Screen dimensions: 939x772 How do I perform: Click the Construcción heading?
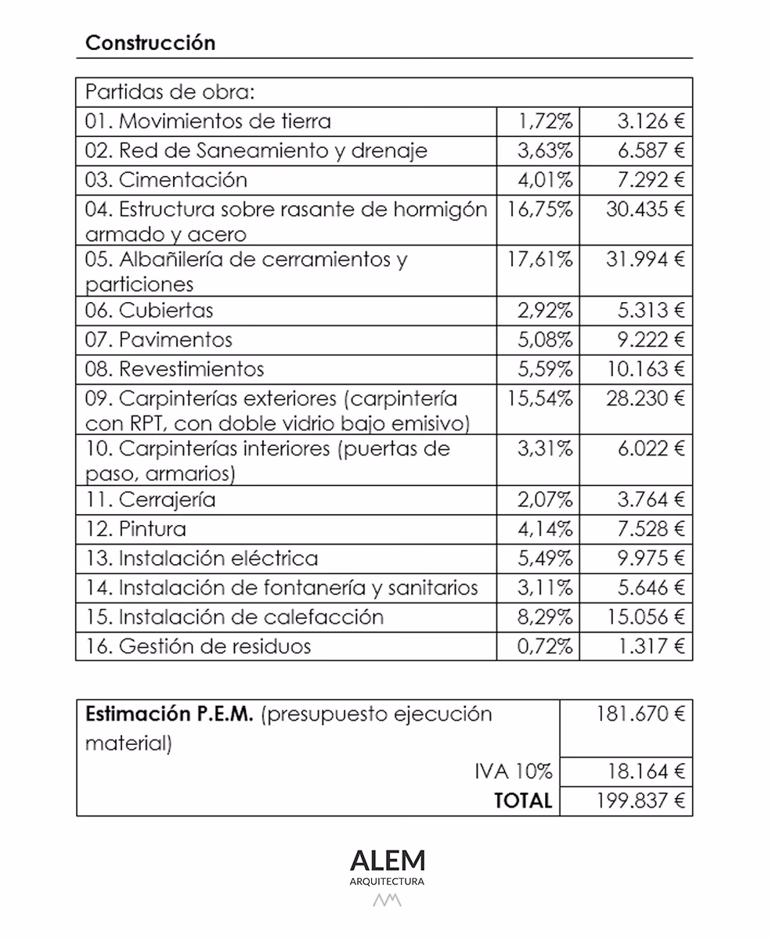[150, 43]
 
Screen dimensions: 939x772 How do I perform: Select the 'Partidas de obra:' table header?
[170, 92]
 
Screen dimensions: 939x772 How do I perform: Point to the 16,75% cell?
[541, 209]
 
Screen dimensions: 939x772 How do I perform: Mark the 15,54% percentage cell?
[541, 398]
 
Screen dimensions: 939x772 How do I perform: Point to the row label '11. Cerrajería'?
[150, 499]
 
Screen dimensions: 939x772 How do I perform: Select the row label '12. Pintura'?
[135, 529]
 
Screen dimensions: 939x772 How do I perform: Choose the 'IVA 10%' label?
[514, 772]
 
